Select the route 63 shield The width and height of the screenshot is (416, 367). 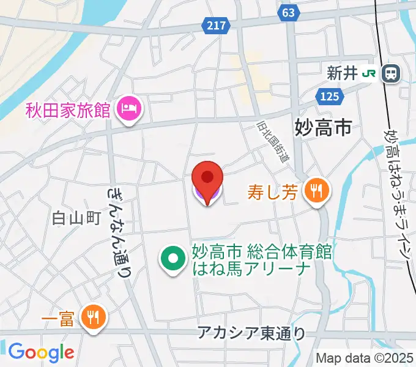(289, 12)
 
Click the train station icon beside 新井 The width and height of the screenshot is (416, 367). (390, 74)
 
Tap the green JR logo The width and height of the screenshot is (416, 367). (369, 74)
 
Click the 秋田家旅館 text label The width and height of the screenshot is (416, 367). (67, 111)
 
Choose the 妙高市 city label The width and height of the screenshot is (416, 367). (323, 127)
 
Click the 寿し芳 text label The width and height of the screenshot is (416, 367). (273, 193)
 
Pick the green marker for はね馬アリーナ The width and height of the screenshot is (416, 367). (173, 259)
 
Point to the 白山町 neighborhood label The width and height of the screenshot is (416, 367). (76, 218)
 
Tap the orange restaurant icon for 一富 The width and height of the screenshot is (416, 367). (94, 317)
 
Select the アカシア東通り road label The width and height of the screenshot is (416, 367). (251, 333)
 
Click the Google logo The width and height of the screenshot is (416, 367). (40, 352)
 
